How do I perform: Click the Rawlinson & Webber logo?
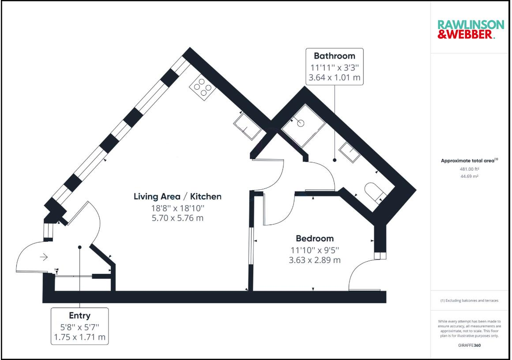tap(470, 29)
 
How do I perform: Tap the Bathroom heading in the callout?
tap(334, 56)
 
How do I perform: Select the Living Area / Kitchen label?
tap(177, 196)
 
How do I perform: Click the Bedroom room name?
tap(314, 238)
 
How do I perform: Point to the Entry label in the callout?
tap(79, 315)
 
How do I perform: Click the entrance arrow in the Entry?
tap(43, 256)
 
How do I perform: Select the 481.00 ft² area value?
tap(470, 169)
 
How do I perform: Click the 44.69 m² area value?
tap(470, 176)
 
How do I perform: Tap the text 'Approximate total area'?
tap(468, 161)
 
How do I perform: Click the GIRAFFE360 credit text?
tap(470, 345)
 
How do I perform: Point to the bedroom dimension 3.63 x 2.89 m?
tap(314, 260)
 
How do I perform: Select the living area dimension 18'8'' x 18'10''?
tap(177, 208)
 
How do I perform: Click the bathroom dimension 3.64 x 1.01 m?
tap(334, 78)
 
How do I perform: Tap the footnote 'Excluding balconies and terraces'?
tap(470, 300)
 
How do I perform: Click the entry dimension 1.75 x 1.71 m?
tap(79, 337)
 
